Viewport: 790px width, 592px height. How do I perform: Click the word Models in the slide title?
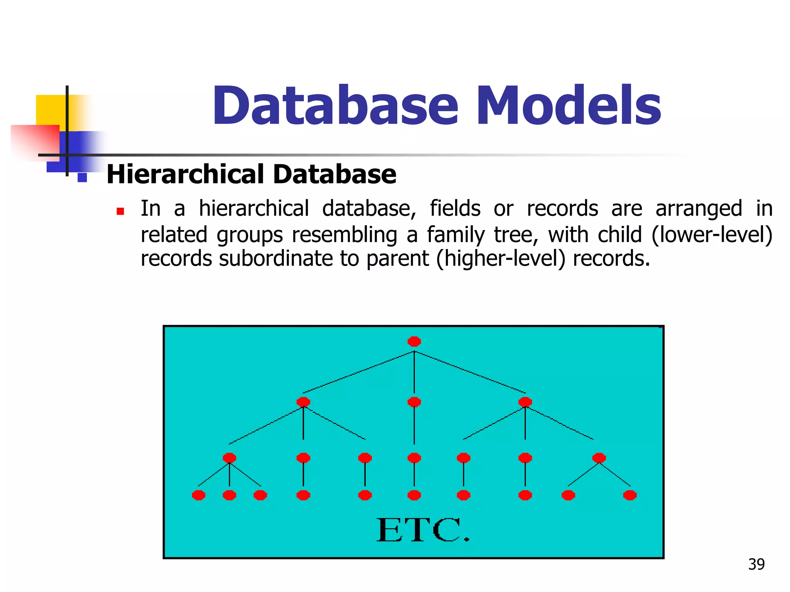tap(569, 106)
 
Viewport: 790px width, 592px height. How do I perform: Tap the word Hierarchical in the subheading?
tap(186, 174)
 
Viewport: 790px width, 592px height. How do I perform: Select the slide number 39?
tap(756, 564)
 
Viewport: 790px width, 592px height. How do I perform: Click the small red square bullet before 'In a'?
tap(120, 211)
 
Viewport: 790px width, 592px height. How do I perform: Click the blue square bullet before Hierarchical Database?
tap(82, 177)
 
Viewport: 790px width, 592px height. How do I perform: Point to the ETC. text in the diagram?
tap(423, 531)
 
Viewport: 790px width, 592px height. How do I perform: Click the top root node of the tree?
tap(414, 341)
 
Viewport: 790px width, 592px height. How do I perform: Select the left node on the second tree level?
tap(303, 402)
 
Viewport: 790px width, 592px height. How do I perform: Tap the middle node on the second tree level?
tap(414, 402)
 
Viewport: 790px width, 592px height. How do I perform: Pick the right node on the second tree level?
tap(525, 402)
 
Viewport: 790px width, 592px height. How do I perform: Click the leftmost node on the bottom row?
tap(198, 495)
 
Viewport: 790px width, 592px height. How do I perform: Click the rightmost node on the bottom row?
tap(630, 495)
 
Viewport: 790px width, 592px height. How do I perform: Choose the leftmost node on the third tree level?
tap(229, 458)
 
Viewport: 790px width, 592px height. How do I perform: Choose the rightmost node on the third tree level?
tap(599, 458)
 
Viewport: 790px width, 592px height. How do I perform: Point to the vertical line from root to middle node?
tap(414, 372)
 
